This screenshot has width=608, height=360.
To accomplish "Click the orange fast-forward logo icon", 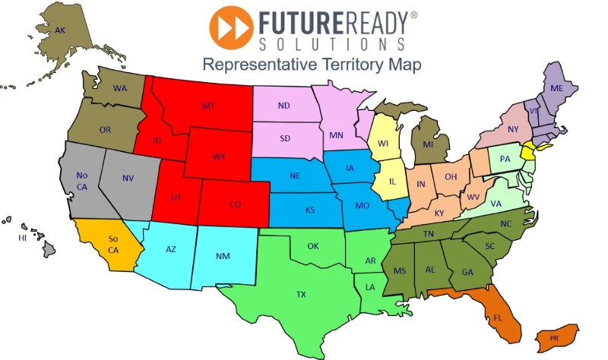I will tap(231, 27).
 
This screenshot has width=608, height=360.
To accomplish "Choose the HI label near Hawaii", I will tap(23, 238).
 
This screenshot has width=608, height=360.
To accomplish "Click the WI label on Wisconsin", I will tap(385, 142).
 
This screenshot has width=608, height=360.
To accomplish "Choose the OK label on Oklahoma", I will tap(312, 246).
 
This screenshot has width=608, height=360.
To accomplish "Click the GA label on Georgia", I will tap(467, 272).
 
